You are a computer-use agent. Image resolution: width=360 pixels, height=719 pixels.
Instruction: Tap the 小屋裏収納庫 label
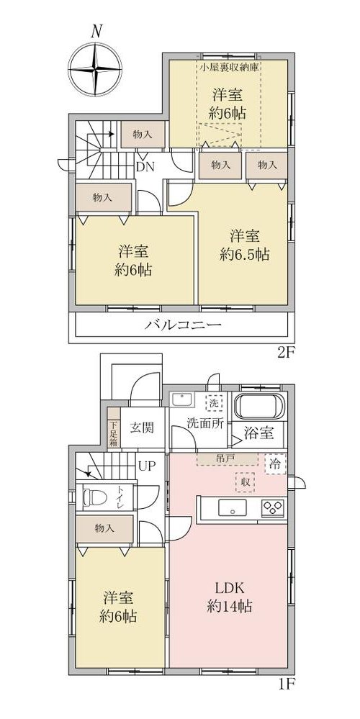(230, 66)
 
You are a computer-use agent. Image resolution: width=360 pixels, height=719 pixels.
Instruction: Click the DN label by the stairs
(145, 167)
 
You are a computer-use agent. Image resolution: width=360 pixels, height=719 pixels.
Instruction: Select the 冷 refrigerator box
(276, 463)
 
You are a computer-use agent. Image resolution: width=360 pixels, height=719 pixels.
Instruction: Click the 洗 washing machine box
(214, 404)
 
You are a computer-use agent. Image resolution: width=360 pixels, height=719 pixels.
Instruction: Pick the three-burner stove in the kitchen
(273, 507)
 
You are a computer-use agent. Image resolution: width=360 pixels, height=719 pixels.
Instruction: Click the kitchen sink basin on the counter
(232, 508)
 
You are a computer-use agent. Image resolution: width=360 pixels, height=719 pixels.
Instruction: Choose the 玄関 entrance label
(141, 428)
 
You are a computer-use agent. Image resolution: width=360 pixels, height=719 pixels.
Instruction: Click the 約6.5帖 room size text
(244, 254)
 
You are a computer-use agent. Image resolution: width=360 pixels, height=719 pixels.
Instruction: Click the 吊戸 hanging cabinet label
(224, 458)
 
